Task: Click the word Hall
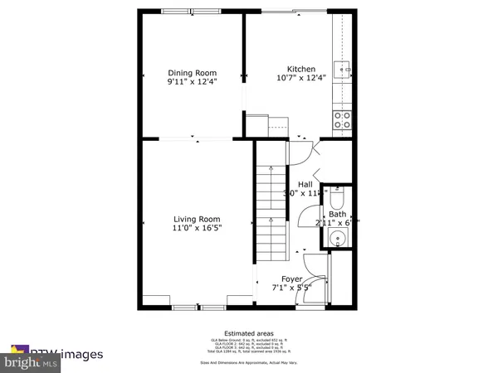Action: click(305, 184)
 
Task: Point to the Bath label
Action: click(337, 214)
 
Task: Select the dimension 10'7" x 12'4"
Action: click(301, 77)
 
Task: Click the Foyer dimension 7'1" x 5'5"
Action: click(290, 288)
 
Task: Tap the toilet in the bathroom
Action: click(337, 200)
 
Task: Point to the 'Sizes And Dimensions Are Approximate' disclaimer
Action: click(249, 362)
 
